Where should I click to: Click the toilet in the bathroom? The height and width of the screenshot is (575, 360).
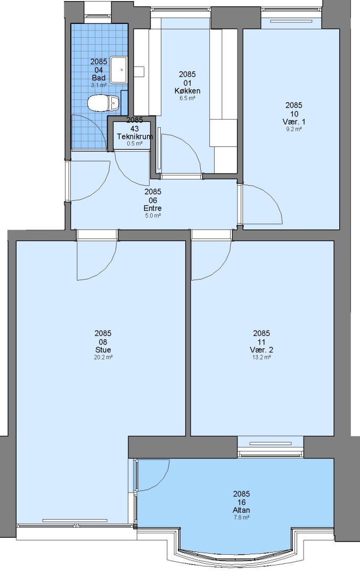pos(103,103)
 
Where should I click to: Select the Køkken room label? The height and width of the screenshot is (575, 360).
pos(187,91)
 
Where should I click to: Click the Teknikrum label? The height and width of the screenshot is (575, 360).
pos(135,136)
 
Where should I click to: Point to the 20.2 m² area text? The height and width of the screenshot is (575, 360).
pos(103,357)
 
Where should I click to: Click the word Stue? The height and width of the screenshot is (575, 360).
pos(103,349)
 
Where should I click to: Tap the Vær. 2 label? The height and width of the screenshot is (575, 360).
pos(261,349)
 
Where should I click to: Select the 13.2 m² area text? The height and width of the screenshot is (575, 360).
pos(261,357)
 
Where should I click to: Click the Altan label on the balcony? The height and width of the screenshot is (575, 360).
pos(241,510)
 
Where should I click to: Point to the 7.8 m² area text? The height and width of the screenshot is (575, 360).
pos(241,518)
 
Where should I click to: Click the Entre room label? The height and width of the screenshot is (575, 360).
pos(153,208)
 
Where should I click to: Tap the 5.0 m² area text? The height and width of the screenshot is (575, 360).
pos(153,216)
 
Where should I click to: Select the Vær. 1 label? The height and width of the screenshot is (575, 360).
pos(294,122)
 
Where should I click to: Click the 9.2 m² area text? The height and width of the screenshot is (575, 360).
pos(294,129)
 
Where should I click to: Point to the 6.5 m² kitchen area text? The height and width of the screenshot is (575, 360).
pos(187,98)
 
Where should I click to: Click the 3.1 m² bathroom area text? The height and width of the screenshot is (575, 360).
pos(99,85)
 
